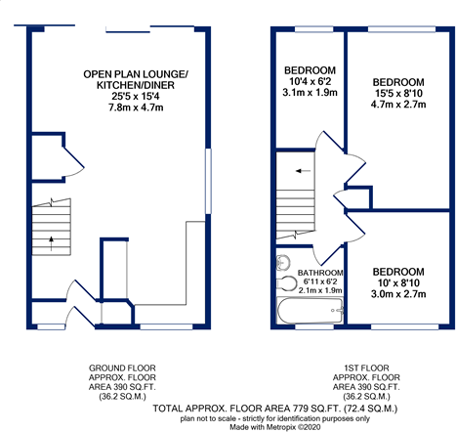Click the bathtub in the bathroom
(x=310, y=310)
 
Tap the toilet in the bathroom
(x=286, y=282)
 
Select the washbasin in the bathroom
(x=283, y=262)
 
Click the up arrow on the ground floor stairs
(x=51, y=243)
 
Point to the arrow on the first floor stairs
(x=303, y=171)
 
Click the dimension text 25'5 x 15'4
(x=136, y=96)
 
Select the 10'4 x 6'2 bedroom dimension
(x=310, y=81)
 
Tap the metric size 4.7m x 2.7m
(x=398, y=105)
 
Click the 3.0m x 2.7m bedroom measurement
(x=398, y=294)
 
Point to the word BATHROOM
(x=320, y=273)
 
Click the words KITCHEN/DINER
(x=136, y=85)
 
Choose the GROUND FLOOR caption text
(x=122, y=368)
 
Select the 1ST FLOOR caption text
(x=366, y=368)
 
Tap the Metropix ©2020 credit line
(x=275, y=427)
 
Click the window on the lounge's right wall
(x=208, y=181)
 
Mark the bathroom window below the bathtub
(x=314, y=326)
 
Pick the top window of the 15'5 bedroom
(x=401, y=29)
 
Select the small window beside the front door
(x=51, y=326)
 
